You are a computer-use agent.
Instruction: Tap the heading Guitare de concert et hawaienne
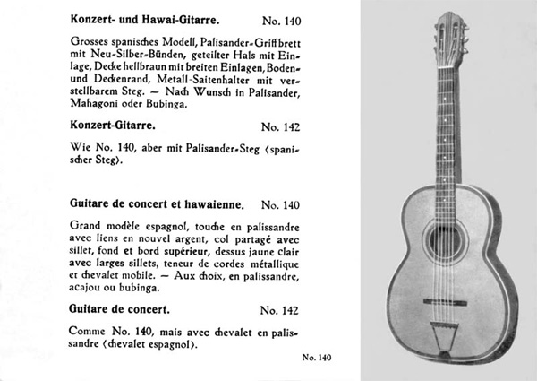(x=149, y=204)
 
